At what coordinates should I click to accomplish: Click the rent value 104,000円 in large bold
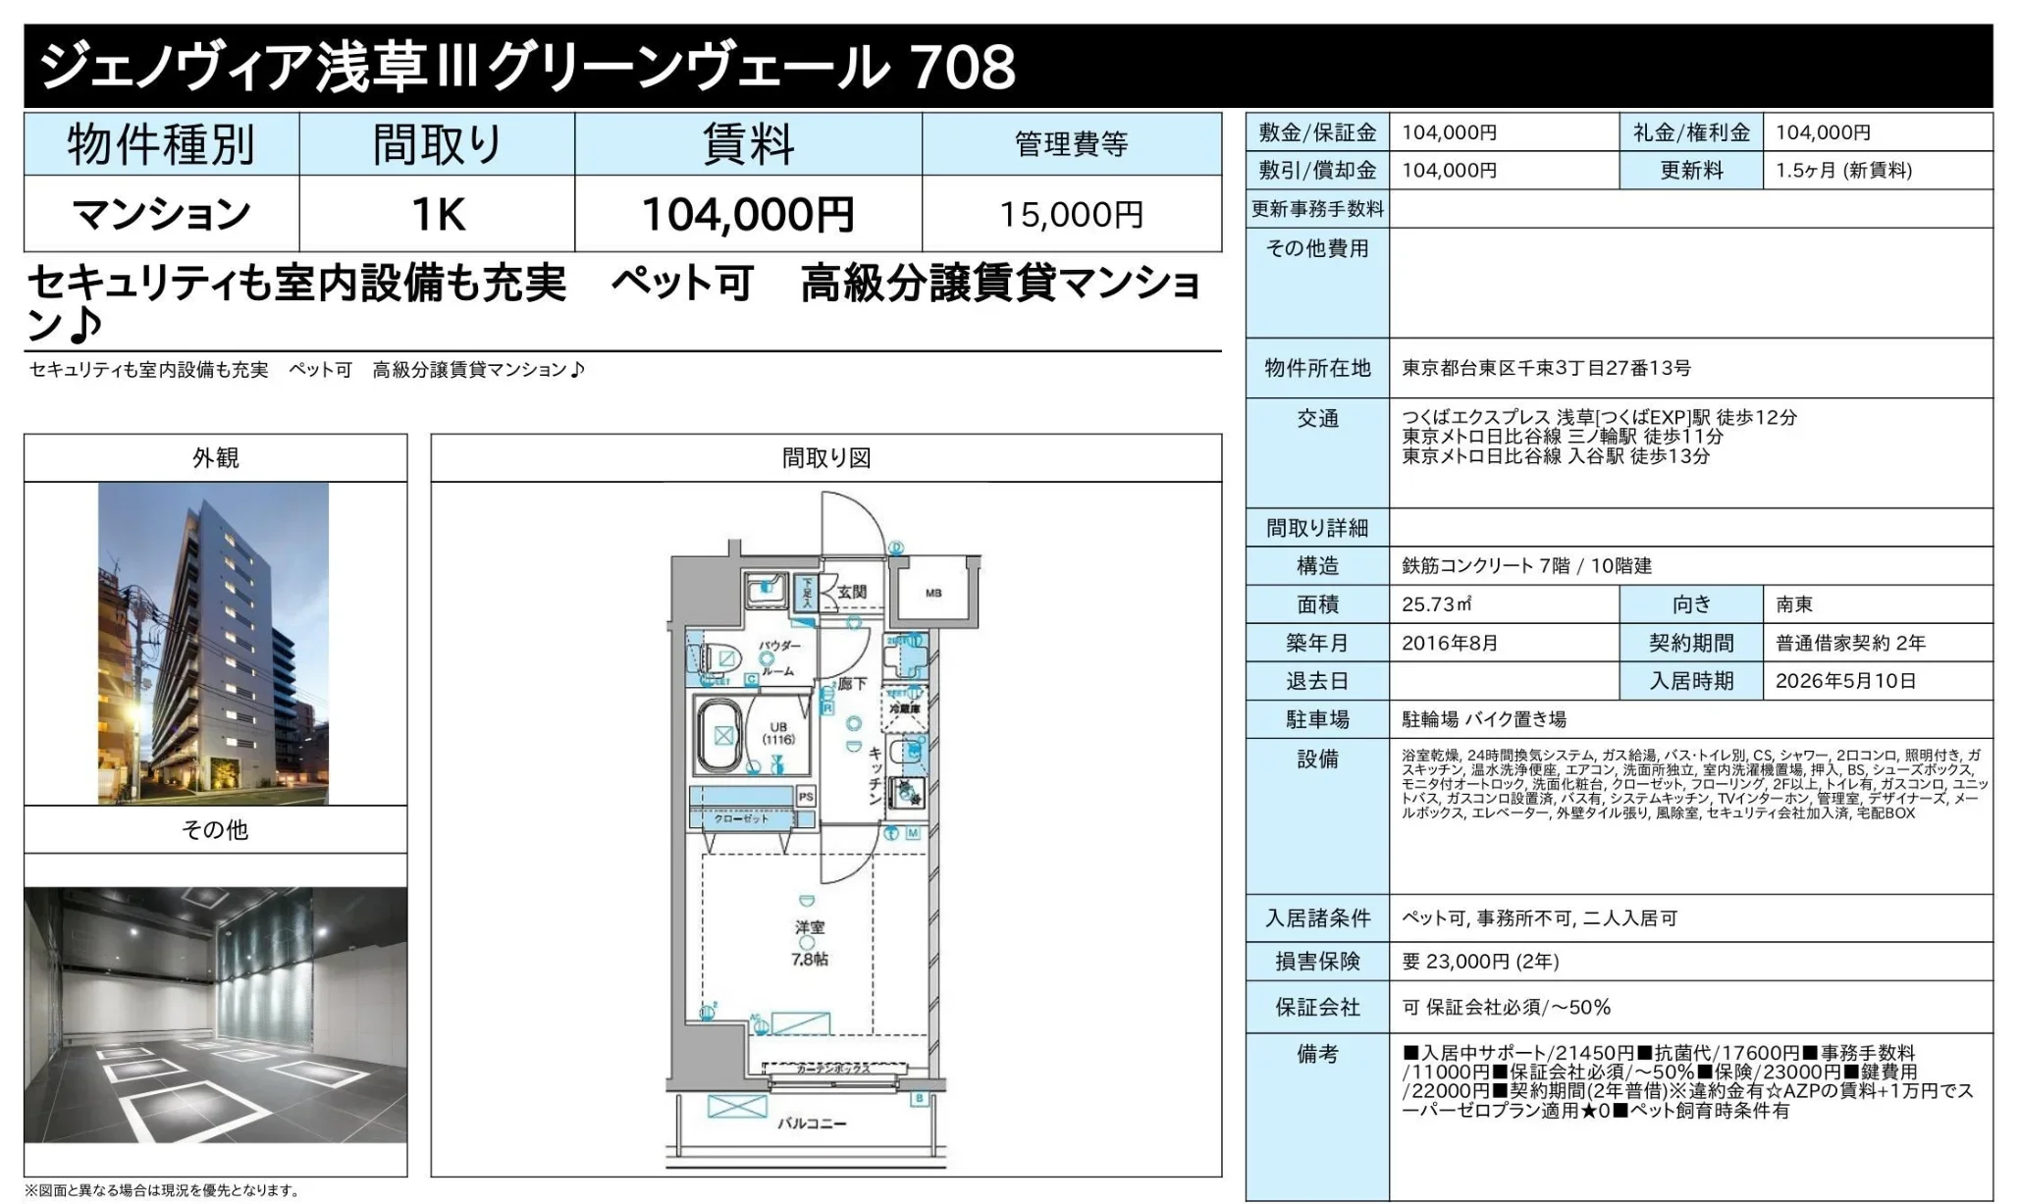pyautogui.click(x=747, y=215)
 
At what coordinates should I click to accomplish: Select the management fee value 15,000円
pyautogui.click(x=1071, y=215)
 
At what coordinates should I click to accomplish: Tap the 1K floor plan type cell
pyautogui.click(x=437, y=215)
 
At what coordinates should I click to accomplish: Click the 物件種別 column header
pyautogui.click(x=161, y=145)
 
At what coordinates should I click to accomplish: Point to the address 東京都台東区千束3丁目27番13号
pyautogui.click(x=1546, y=368)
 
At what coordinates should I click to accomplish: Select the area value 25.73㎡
pyautogui.click(x=1437, y=604)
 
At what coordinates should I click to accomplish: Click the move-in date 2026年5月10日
pyautogui.click(x=1845, y=681)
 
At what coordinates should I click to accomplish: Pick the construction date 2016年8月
pyautogui.click(x=1450, y=643)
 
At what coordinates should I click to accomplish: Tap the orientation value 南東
pyautogui.click(x=1794, y=604)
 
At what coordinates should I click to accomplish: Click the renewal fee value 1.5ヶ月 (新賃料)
pyautogui.click(x=1843, y=171)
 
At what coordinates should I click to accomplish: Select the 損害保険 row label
pyautogui.click(x=1317, y=962)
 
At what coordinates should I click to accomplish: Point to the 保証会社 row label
pyautogui.click(x=1317, y=1008)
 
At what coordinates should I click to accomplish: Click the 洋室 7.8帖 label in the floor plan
pyautogui.click(x=810, y=943)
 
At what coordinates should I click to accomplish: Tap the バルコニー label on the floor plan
pyautogui.click(x=811, y=1123)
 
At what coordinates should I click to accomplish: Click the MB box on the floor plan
pyautogui.click(x=933, y=593)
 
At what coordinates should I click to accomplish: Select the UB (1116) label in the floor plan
pyautogui.click(x=778, y=733)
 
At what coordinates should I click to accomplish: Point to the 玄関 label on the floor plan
pyautogui.click(x=851, y=592)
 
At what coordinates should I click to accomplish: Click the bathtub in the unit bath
pyautogui.click(x=723, y=735)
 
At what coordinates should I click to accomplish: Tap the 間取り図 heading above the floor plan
pyautogui.click(x=825, y=458)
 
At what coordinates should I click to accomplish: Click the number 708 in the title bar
pyautogui.click(x=963, y=67)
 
